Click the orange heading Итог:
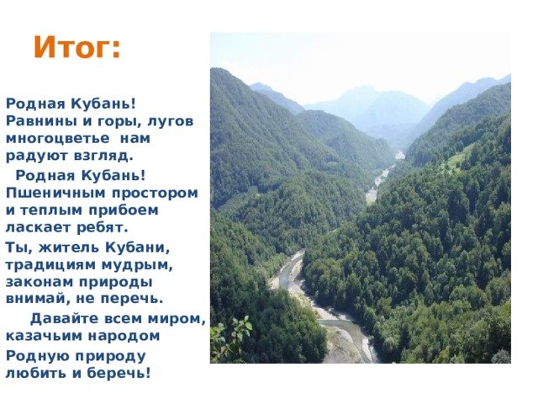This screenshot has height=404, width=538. click(x=77, y=47)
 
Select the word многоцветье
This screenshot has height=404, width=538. click(x=58, y=138)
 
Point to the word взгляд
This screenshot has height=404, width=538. click(x=103, y=156)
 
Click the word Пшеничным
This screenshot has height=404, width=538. click(x=55, y=193)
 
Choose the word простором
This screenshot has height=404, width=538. click(x=155, y=194)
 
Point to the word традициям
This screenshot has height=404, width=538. click(x=50, y=265)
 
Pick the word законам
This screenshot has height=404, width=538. click(x=40, y=282)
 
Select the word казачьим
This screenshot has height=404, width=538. click(x=44, y=336)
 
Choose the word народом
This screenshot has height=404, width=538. click(x=124, y=336)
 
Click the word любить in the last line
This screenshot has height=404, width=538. click(x=35, y=373)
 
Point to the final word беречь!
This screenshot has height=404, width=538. click(x=119, y=373)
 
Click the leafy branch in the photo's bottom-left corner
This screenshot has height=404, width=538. click(x=230, y=338)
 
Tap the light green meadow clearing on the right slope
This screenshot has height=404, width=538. click(x=457, y=159)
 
